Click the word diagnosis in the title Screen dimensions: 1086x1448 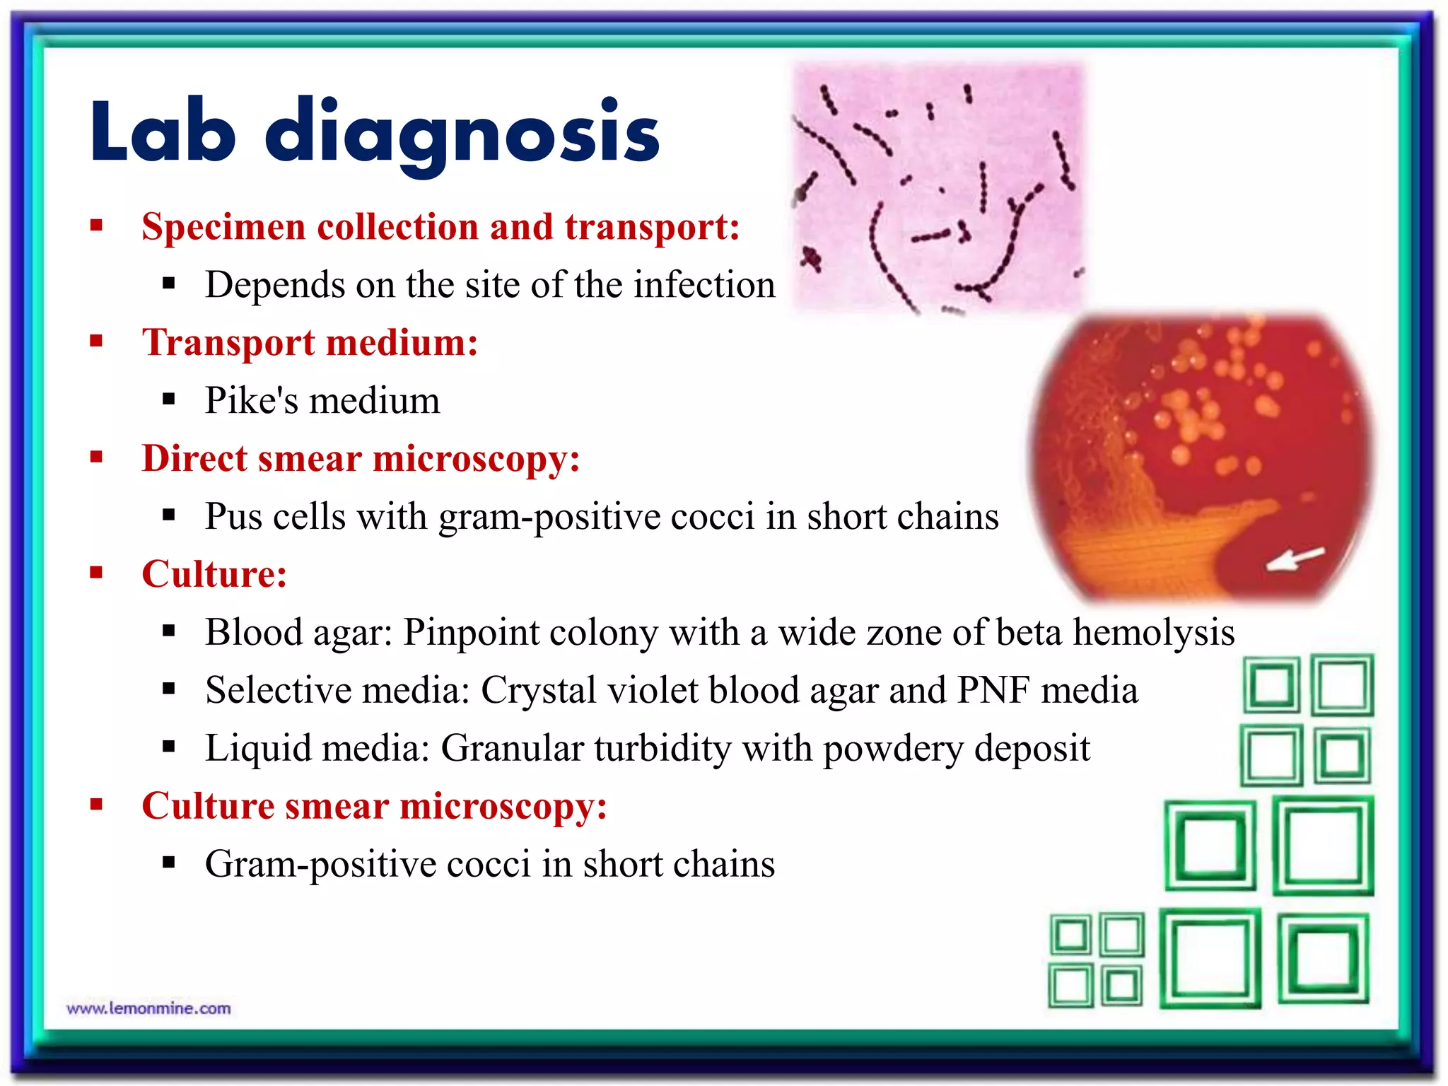point(462,133)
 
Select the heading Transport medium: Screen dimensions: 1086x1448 point(310,343)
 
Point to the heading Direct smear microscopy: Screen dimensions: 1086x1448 point(361,459)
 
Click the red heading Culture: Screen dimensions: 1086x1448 point(214,574)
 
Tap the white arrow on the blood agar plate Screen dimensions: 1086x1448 point(1294,559)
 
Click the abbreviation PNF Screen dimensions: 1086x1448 point(993,690)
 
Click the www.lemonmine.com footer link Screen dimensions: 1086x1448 point(148,1008)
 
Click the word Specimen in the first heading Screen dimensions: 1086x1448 point(223,228)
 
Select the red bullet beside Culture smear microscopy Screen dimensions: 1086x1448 point(97,804)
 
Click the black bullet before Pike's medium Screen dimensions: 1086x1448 point(168,399)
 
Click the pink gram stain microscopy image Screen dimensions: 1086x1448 point(937,187)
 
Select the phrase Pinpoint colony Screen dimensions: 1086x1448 point(530,632)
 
